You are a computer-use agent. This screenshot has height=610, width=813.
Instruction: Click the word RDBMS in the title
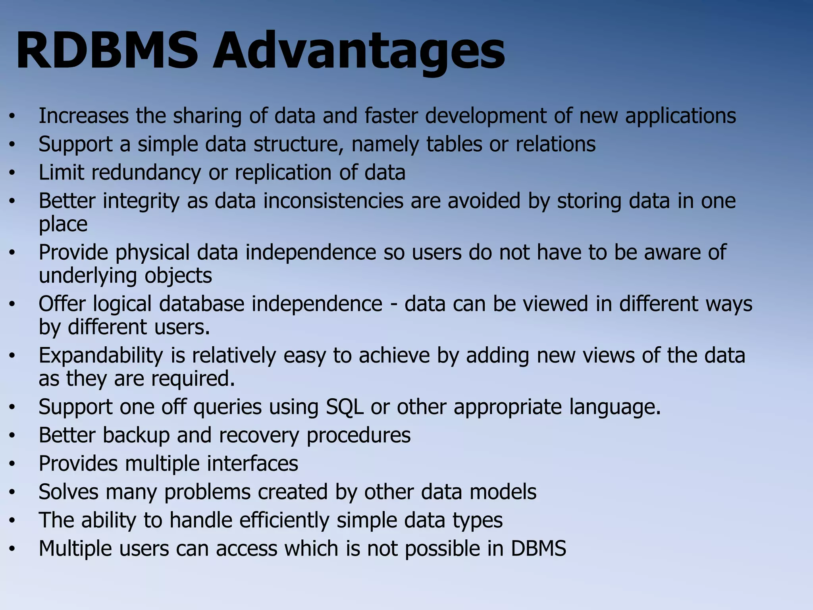[106, 51]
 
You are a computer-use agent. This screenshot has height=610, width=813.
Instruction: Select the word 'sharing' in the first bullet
[207, 116]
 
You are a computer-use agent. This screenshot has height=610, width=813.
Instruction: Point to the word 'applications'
[680, 116]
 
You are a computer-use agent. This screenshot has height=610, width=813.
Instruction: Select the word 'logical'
[122, 304]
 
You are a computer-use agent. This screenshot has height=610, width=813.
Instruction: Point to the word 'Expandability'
[101, 355]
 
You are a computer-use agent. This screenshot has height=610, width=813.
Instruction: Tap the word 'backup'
[136, 435]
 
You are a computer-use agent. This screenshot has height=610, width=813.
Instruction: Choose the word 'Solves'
[68, 492]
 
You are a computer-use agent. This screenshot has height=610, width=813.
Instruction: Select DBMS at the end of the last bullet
[538, 548]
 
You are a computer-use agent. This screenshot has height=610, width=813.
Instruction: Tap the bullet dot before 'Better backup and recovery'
[12, 436]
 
